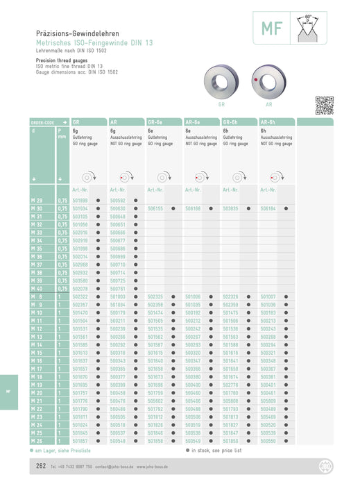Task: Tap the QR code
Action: tap(324, 105)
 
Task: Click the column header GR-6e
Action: tap(155, 121)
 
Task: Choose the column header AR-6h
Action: tap(268, 121)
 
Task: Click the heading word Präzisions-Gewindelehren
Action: tap(78, 33)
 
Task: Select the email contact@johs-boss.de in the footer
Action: tap(111, 467)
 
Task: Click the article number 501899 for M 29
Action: tap(80, 200)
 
